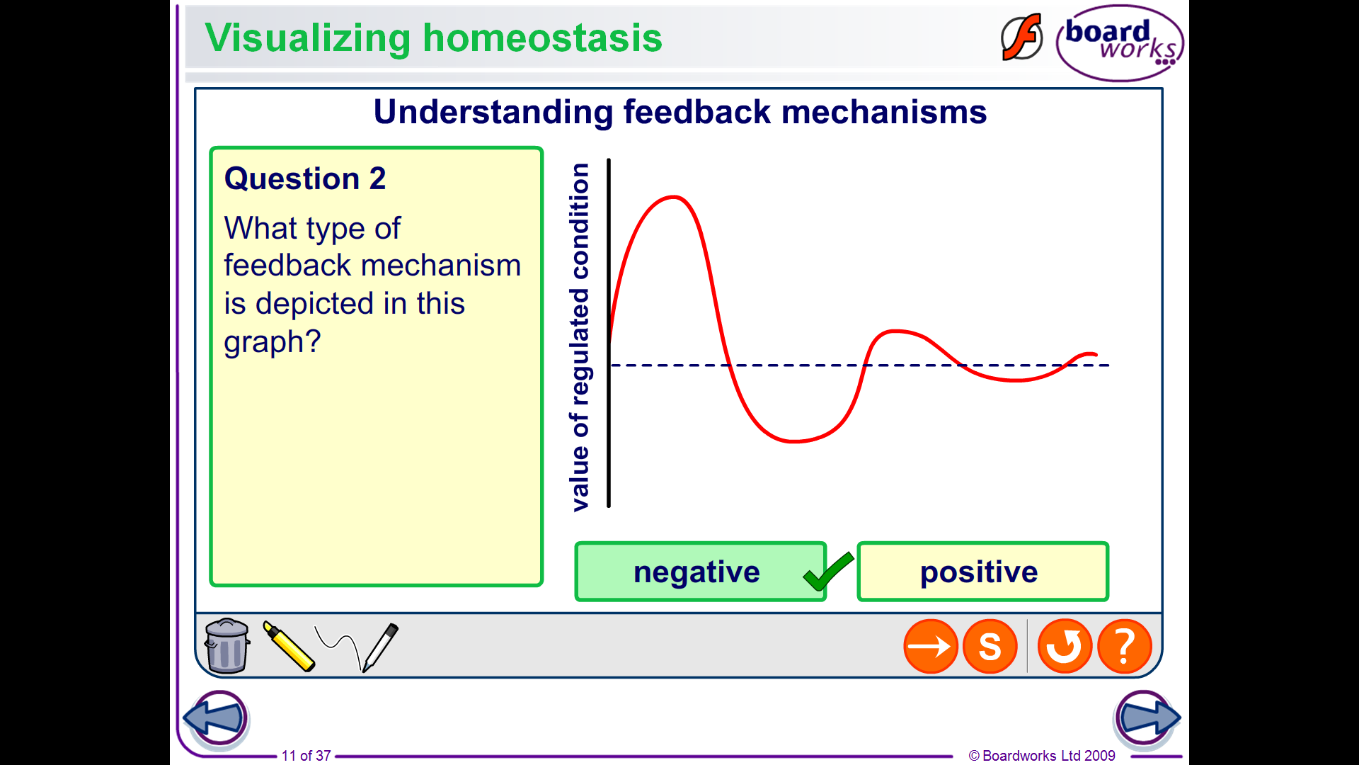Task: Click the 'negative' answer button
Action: pyautogui.click(x=700, y=572)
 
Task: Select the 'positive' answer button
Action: pyautogui.click(x=982, y=572)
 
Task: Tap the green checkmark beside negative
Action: pyautogui.click(x=828, y=572)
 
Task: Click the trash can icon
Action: pyautogui.click(x=227, y=645)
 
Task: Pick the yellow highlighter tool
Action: pyautogui.click(x=288, y=645)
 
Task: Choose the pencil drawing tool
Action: pyautogui.click(x=380, y=647)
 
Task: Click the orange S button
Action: pyautogui.click(x=990, y=646)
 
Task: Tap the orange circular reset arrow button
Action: pyautogui.click(x=1065, y=646)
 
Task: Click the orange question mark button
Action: pyautogui.click(x=1125, y=646)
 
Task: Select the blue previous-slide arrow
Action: pyautogui.click(x=217, y=718)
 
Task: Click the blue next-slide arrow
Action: pyautogui.click(x=1147, y=718)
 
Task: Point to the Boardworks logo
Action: pyautogui.click(x=1120, y=42)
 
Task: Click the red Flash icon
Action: pyautogui.click(x=1021, y=37)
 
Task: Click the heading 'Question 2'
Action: pyautogui.click(x=305, y=178)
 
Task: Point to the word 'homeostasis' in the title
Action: pyautogui.click(x=542, y=38)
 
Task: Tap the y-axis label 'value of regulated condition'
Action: pyautogui.click(x=580, y=337)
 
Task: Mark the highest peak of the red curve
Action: pyautogui.click(x=673, y=197)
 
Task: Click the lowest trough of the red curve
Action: pyautogui.click(x=794, y=441)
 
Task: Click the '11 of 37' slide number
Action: pyautogui.click(x=306, y=756)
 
